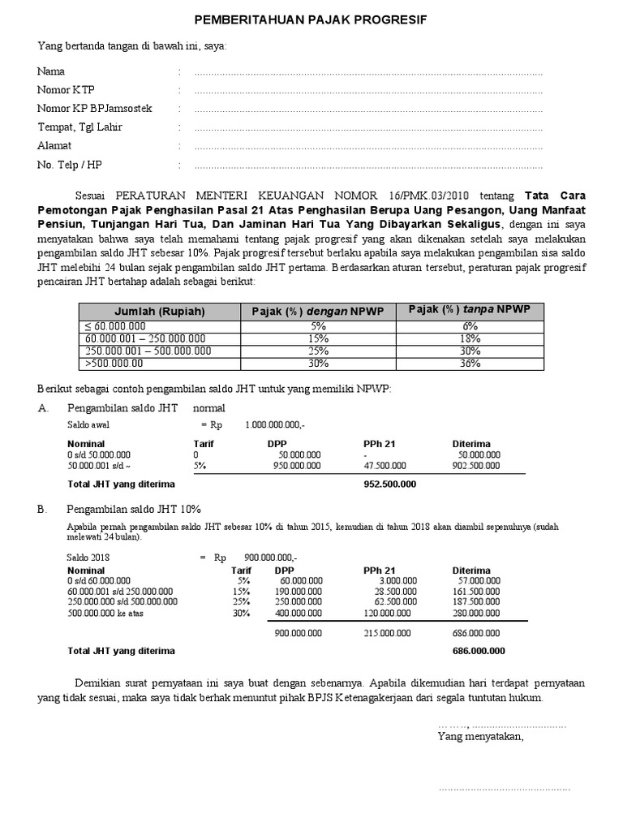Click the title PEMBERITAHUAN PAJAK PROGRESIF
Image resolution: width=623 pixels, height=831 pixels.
click(312, 19)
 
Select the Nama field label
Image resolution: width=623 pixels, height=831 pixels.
click(51, 72)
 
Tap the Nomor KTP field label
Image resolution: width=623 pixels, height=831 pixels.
click(66, 90)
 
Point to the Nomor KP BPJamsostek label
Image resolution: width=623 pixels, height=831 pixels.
click(94, 109)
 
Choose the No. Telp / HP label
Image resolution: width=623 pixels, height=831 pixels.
click(70, 165)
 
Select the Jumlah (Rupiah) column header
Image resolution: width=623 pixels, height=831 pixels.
click(160, 312)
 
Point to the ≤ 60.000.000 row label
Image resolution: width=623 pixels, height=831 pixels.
click(105, 326)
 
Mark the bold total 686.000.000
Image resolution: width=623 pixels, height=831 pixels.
click(479, 651)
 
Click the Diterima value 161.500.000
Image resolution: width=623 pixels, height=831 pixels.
click(479, 592)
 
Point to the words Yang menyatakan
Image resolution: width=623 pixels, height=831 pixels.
click(480, 737)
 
